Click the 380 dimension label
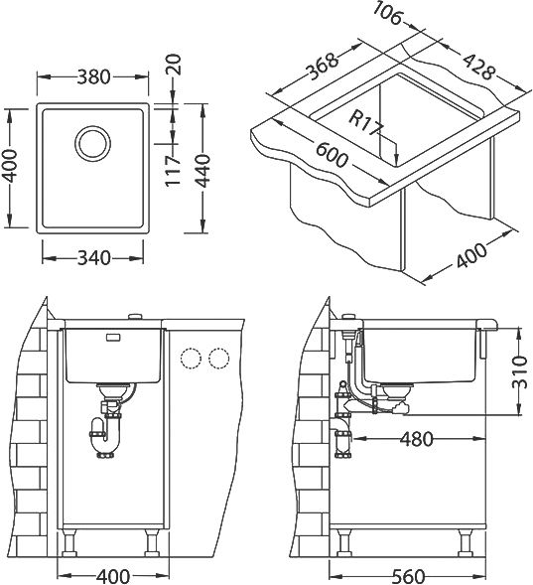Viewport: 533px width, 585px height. [94, 76]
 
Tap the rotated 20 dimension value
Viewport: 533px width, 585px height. [174, 65]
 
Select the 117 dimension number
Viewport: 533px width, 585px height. [174, 171]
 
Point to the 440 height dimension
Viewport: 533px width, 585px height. [203, 171]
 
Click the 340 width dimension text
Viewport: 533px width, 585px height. [94, 258]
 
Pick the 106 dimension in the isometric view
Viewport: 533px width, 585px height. [389, 14]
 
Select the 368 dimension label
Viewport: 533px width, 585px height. [323, 67]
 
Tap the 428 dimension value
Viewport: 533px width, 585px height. [479, 67]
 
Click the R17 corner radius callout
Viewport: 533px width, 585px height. [366, 123]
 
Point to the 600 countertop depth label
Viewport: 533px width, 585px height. [332, 154]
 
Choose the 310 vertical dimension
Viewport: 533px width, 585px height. [519, 372]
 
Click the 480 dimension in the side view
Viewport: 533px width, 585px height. [417, 439]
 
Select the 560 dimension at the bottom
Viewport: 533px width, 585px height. [408, 576]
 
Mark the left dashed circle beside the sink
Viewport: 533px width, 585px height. [191, 359]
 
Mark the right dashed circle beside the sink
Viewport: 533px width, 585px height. [219, 359]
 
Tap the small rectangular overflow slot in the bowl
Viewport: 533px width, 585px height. [113, 338]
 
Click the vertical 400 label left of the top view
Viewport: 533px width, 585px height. [10, 167]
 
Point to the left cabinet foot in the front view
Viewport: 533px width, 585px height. [68, 544]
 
